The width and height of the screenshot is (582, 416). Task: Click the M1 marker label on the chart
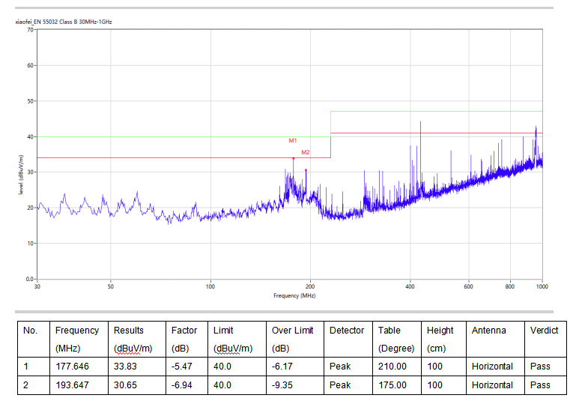click(293, 140)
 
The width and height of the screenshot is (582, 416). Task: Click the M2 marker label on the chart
click(306, 152)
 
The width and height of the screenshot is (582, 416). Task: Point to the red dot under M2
click(306, 170)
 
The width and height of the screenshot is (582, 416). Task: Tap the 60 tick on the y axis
click(30, 65)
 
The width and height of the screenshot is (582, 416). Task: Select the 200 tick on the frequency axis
click(310, 286)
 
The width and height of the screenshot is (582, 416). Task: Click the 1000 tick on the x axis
click(542, 286)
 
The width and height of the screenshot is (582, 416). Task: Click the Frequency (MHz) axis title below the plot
click(294, 295)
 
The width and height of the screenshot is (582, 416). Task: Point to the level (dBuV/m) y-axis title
click(21, 175)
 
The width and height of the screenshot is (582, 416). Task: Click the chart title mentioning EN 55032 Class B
click(64, 22)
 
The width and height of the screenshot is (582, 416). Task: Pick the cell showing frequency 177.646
click(73, 367)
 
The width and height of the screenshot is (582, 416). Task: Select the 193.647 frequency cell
click(73, 385)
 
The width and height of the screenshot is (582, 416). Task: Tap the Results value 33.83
click(125, 367)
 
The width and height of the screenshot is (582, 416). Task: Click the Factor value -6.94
click(181, 385)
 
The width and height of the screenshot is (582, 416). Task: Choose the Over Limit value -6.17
click(282, 367)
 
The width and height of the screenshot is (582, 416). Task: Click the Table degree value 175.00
click(392, 385)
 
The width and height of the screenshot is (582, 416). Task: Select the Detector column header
click(347, 331)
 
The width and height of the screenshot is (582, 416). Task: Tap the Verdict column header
click(544, 331)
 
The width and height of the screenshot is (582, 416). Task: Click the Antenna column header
click(489, 331)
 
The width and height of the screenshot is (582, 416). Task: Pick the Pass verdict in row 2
click(540, 385)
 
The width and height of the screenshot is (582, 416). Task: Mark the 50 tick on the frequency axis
click(111, 286)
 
